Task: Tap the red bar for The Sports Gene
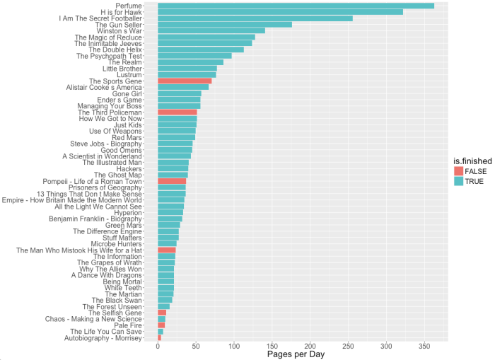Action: tap(185, 81)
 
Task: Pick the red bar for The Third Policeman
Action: tap(177, 112)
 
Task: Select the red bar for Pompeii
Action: tap(172, 181)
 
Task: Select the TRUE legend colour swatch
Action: tap(460, 182)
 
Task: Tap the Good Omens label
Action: tap(122, 150)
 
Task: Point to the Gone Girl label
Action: tap(127, 93)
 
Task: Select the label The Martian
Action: tap(123, 294)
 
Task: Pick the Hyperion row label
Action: tap(128, 213)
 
